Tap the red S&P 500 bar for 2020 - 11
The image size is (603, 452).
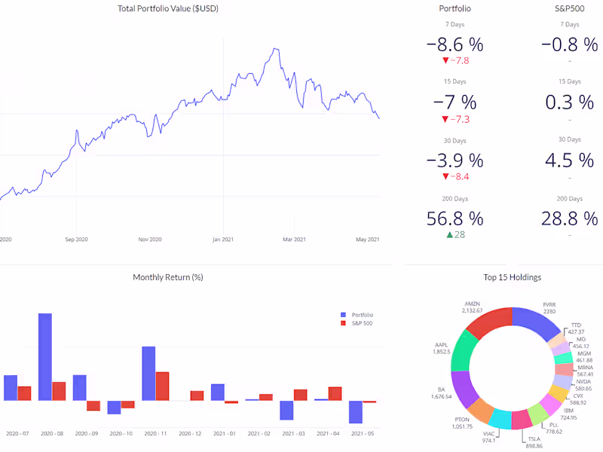(x=162, y=386)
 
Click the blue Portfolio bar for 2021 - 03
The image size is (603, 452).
(x=286, y=410)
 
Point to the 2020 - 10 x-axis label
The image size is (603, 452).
(x=121, y=434)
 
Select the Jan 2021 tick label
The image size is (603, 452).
(x=223, y=240)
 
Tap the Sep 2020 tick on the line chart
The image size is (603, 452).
(x=77, y=240)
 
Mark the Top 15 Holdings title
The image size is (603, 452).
(x=512, y=277)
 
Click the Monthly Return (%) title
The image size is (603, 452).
(x=167, y=277)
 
